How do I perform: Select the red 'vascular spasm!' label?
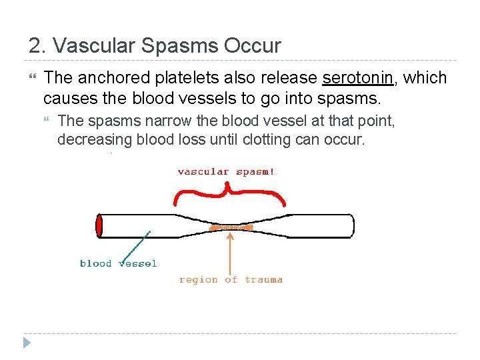click(x=226, y=171)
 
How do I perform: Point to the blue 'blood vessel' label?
click(x=118, y=263)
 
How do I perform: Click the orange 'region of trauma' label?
click(x=231, y=280)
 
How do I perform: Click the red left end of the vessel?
click(x=99, y=226)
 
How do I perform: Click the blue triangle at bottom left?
click(x=26, y=343)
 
